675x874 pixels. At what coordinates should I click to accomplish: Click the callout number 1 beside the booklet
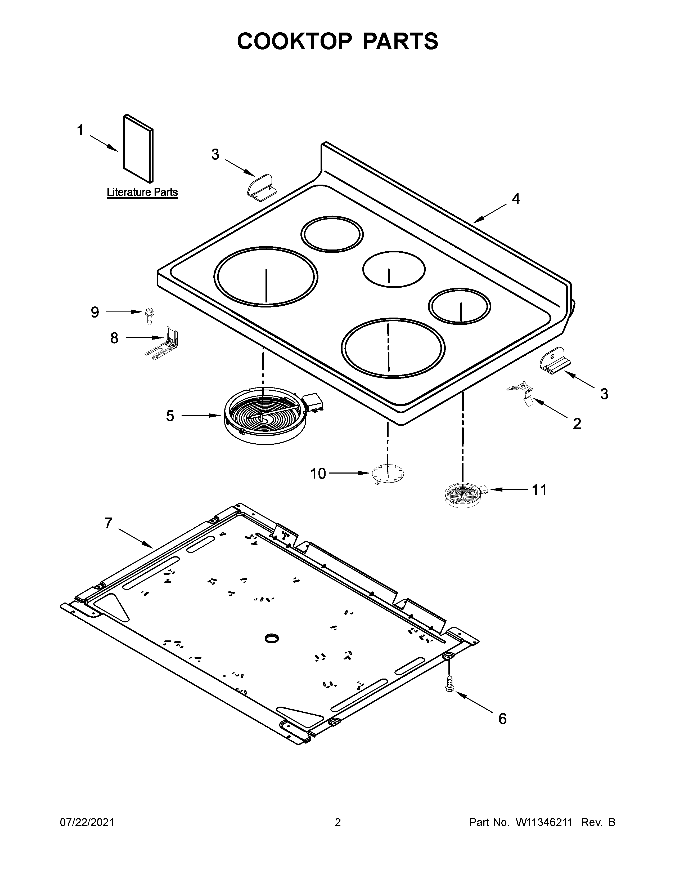click(x=80, y=131)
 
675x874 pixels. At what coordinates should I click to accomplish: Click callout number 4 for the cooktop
click(x=516, y=199)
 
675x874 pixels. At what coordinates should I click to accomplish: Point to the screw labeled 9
click(x=150, y=316)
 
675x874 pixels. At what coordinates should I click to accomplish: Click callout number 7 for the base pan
click(x=108, y=523)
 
